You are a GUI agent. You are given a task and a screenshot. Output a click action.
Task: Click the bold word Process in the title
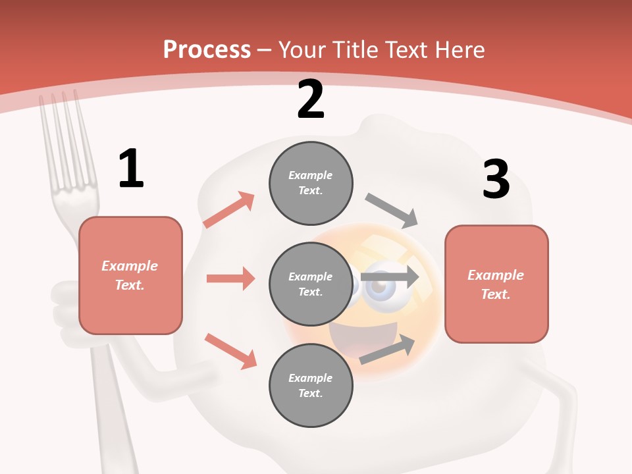click(x=207, y=50)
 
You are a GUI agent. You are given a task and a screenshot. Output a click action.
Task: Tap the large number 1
click(x=131, y=169)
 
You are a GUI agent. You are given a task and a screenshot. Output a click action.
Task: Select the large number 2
click(x=311, y=99)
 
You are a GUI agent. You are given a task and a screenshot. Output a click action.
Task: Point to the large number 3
click(x=496, y=179)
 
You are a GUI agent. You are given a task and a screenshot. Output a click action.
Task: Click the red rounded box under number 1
click(x=130, y=275)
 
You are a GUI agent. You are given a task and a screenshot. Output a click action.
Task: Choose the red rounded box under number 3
click(x=496, y=284)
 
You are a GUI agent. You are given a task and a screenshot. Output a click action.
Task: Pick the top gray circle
click(x=311, y=183)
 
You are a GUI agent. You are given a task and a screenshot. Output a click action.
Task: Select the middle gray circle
click(x=311, y=284)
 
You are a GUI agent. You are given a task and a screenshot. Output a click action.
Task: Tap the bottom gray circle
click(x=311, y=385)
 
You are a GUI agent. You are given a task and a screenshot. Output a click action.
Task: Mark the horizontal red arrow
click(x=230, y=278)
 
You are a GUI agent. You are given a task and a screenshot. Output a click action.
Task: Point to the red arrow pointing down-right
click(x=230, y=351)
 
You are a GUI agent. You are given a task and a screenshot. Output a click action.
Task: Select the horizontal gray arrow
click(x=390, y=277)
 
